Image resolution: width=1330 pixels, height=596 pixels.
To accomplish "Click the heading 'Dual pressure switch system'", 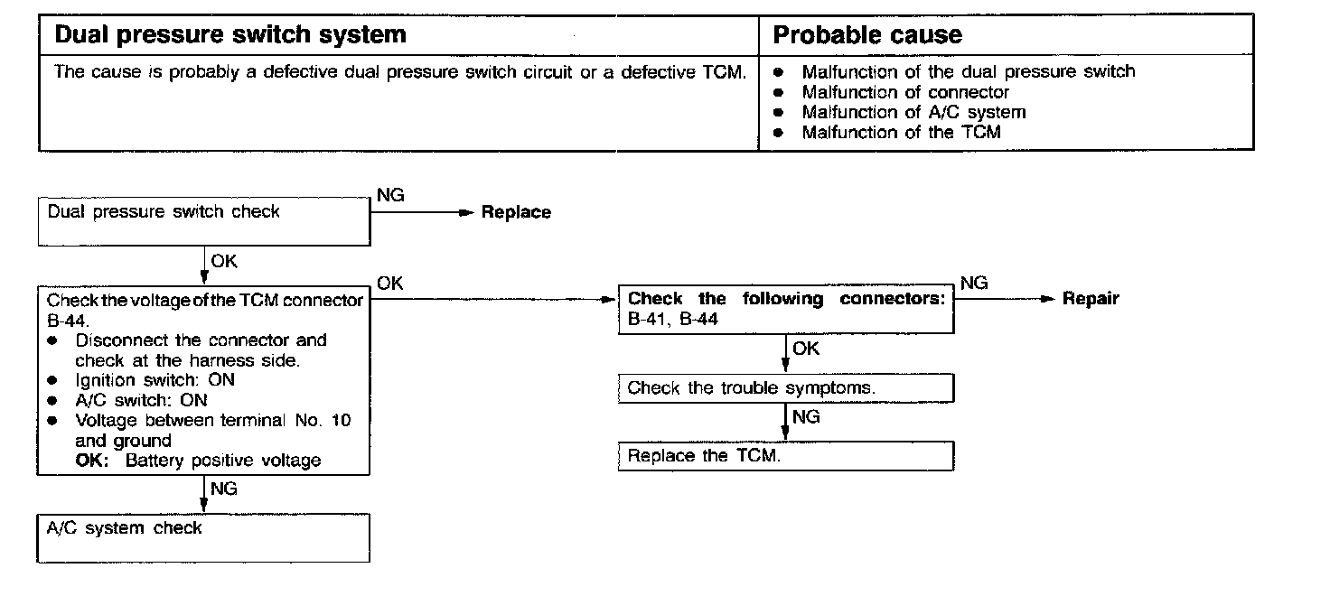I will point(230,35).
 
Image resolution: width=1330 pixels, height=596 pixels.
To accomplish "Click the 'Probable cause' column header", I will point(867,35).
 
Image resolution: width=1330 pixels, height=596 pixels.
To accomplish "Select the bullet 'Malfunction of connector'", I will point(905,92).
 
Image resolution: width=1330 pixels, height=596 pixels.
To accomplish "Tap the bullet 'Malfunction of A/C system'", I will point(913,113).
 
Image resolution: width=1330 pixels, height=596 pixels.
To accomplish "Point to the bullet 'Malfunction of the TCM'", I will point(901,133).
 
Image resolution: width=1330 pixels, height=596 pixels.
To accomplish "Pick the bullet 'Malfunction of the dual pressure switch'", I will point(968,71).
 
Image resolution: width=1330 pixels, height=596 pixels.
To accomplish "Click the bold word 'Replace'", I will point(516,213).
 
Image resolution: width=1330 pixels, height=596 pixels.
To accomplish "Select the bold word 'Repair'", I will point(1091,299).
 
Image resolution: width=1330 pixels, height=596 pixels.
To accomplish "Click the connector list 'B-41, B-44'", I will point(673,319).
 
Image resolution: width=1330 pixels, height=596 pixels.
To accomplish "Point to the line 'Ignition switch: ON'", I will point(155,380).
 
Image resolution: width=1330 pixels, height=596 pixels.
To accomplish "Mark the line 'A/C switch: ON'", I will point(141,400).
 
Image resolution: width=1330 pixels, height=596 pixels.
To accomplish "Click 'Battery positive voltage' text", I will point(223,461).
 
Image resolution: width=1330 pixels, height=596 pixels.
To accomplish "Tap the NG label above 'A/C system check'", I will point(224,489).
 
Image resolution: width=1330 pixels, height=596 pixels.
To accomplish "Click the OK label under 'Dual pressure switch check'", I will point(224,261).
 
